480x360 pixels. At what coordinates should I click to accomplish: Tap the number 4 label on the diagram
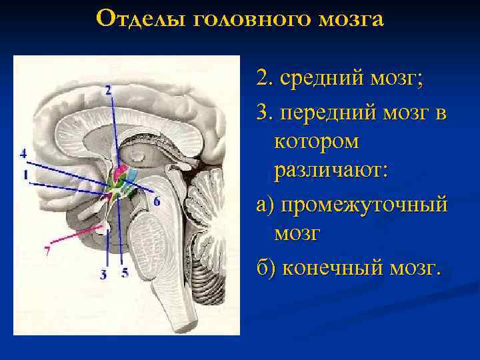pos(23,153)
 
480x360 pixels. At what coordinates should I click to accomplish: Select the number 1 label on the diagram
pos(25,175)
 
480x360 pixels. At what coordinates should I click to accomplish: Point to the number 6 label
pos(157,201)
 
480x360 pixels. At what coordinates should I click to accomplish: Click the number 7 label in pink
pos(47,251)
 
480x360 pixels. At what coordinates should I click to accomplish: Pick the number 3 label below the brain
pos(103,273)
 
